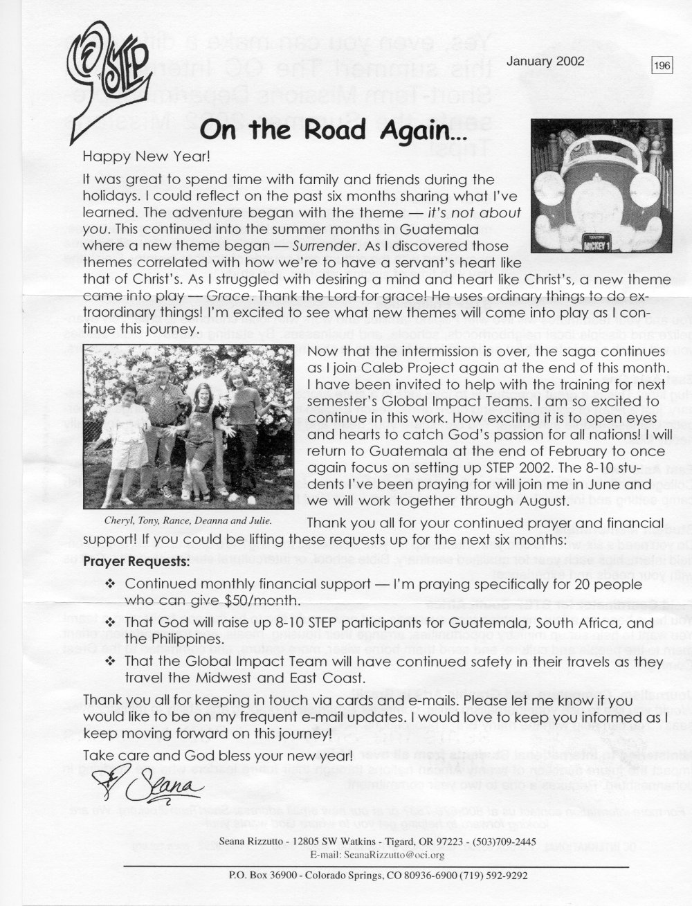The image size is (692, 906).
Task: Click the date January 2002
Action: pyautogui.click(x=545, y=61)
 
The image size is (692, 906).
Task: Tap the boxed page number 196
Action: pyautogui.click(x=662, y=66)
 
